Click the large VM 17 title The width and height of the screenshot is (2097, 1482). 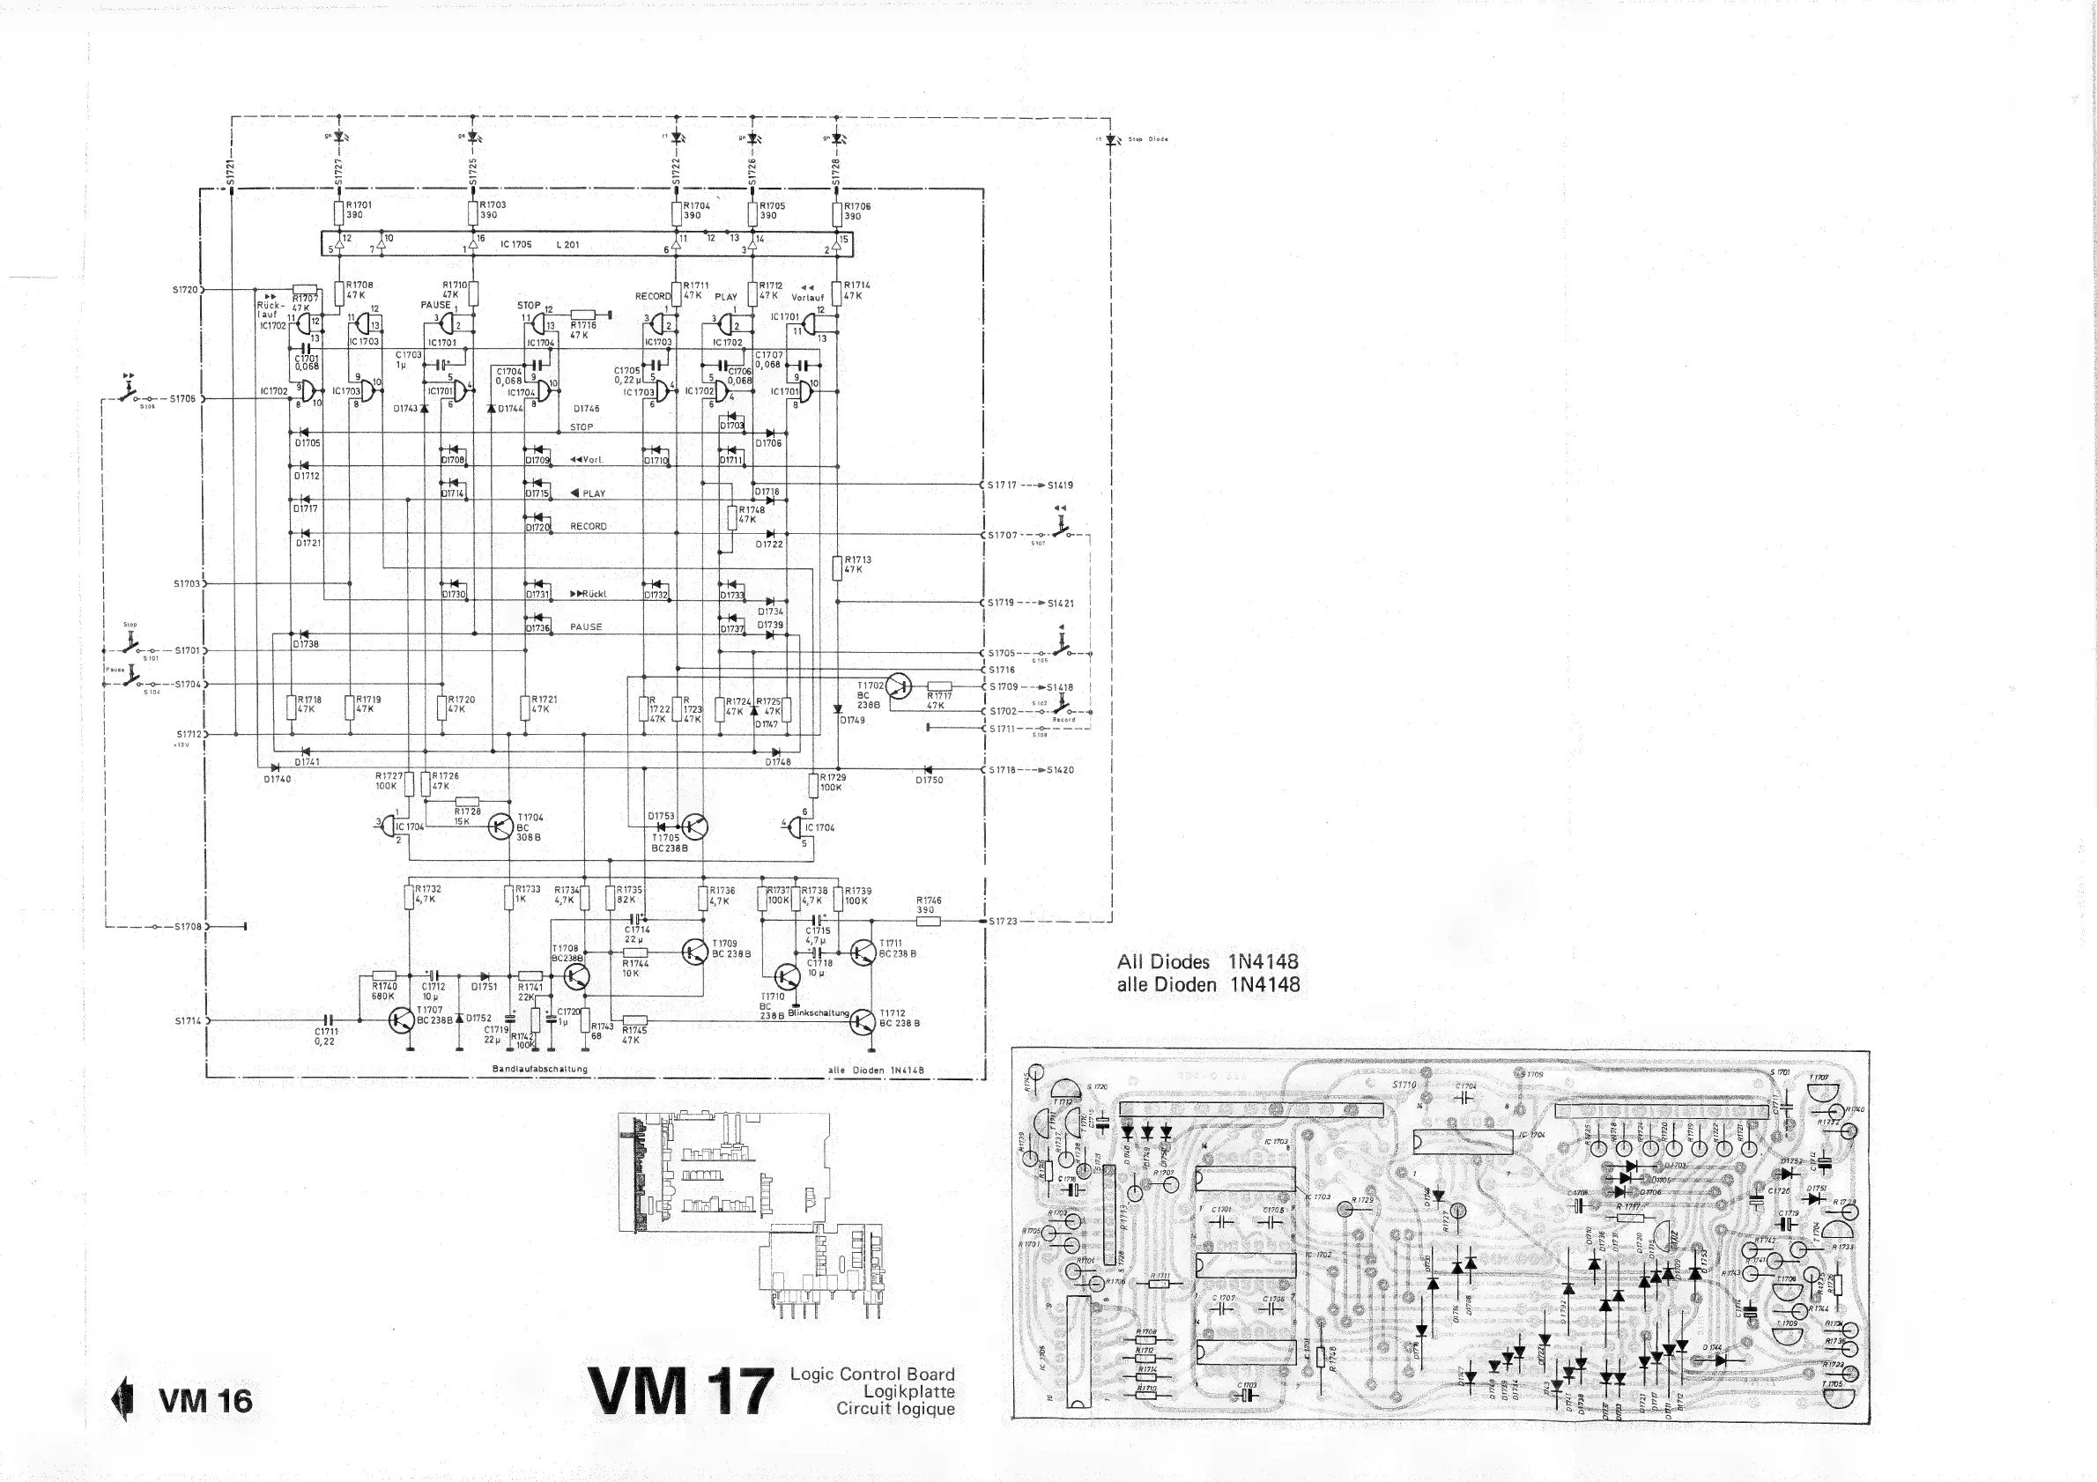pyautogui.click(x=680, y=1391)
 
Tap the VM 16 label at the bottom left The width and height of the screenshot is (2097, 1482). pyautogui.click(x=205, y=1401)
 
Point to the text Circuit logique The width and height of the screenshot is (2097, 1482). pyautogui.click(x=895, y=1409)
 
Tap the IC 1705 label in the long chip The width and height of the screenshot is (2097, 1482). pyautogui.click(x=515, y=245)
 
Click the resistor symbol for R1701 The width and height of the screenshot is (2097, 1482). pyautogui.click(x=339, y=212)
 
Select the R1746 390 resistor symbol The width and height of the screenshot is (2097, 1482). pyautogui.click(x=928, y=921)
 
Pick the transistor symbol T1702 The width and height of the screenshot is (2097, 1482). pyautogui.click(x=898, y=686)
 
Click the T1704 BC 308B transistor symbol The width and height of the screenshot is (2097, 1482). pyautogui.click(x=500, y=826)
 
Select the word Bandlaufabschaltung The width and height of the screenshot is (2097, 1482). pyautogui.click(x=540, y=1069)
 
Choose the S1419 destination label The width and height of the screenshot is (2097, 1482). pyautogui.click(x=1060, y=485)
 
